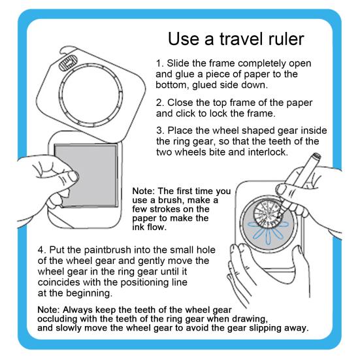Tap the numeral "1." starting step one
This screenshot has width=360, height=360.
[x=160, y=63]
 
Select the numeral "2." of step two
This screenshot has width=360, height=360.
[x=160, y=103]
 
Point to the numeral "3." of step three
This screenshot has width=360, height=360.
[x=160, y=131]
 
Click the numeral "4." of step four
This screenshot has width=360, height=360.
[x=42, y=250]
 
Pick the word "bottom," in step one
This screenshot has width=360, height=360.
[x=172, y=85]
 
